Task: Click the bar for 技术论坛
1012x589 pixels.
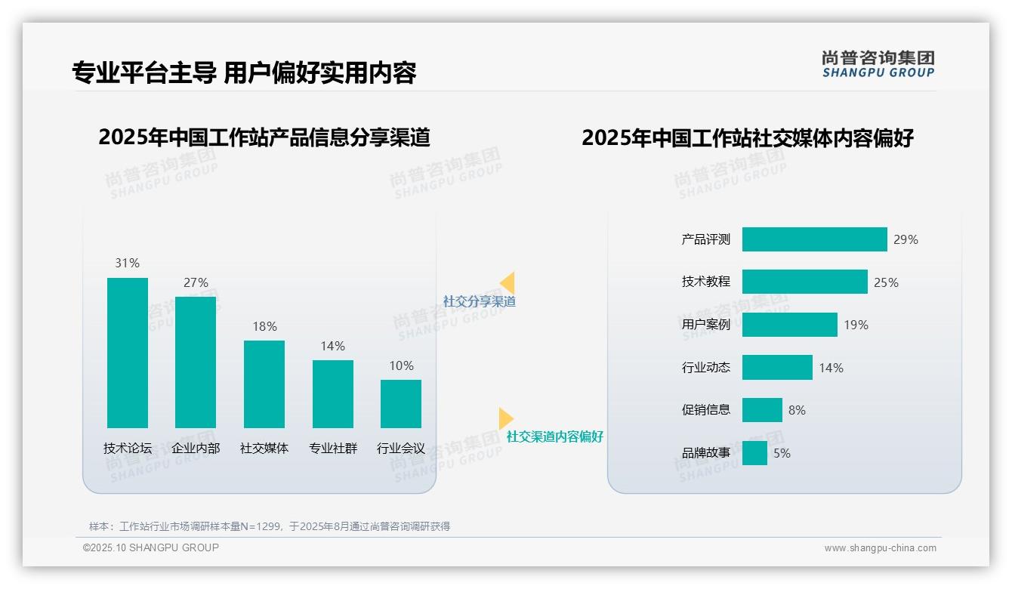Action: coord(128,353)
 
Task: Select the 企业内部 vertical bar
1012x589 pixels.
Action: coord(196,362)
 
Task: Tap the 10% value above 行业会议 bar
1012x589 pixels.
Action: coord(401,366)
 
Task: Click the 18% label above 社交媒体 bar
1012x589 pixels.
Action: coord(264,327)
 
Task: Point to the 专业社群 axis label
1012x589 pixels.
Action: coord(332,449)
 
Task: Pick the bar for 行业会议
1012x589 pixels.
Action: coord(401,404)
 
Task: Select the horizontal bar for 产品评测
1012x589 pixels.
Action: coord(814,239)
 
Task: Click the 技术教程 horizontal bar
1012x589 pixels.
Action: coord(804,282)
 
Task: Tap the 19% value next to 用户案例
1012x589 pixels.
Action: coord(856,325)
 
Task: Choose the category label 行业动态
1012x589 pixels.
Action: coord(705,368)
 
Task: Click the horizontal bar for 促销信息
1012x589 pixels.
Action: coord(762,410)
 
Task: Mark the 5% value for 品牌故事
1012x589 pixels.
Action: coord(782,454)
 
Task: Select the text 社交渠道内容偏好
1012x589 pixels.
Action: coord(554,437)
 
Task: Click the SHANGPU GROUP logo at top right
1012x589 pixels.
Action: coord(878,64)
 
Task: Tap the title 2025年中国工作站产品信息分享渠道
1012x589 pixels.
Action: coord(264,137)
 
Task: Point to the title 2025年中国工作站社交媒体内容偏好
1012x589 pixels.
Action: coord(748,138)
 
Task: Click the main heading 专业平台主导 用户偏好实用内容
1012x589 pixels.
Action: coord(244,72)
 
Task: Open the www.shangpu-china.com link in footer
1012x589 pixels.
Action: coord(880,548)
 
